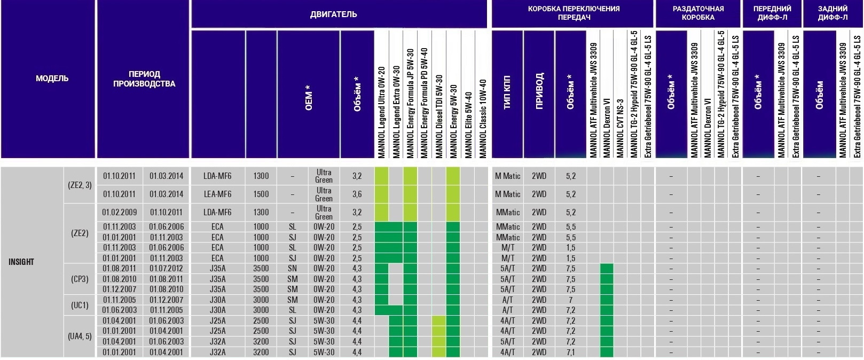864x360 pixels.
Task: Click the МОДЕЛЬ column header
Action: [52, 79]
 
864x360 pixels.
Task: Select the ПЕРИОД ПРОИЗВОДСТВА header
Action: [144, 79]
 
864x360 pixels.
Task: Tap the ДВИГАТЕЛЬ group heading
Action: [333, 14]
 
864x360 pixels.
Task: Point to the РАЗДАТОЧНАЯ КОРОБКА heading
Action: [698, 13]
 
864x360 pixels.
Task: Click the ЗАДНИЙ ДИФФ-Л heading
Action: [832, 13]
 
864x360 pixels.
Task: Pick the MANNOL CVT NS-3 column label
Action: [620, 128]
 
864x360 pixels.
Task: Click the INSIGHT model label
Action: [21, 262]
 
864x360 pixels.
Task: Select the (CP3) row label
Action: [80, 279]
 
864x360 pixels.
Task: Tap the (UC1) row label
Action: [80, 305]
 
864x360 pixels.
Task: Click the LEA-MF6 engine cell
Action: [217, 194]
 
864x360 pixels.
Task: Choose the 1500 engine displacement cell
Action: [261, 194]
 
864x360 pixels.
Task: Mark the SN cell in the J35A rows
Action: [292, 269]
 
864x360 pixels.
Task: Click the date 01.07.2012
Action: [166, 269]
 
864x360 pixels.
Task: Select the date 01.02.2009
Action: [120, 212]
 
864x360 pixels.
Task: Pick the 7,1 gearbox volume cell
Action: [570, 352]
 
